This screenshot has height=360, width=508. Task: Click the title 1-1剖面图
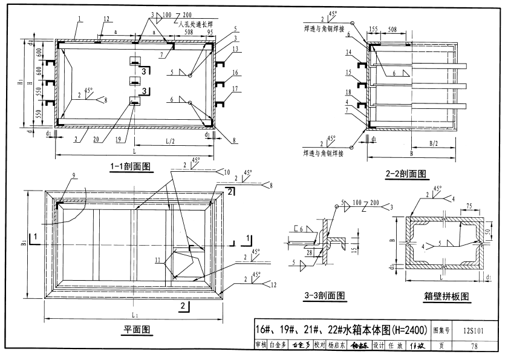click(130, 166)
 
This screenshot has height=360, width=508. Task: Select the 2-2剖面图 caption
click(406, 174)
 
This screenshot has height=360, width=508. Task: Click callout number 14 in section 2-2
click(348, 53)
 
